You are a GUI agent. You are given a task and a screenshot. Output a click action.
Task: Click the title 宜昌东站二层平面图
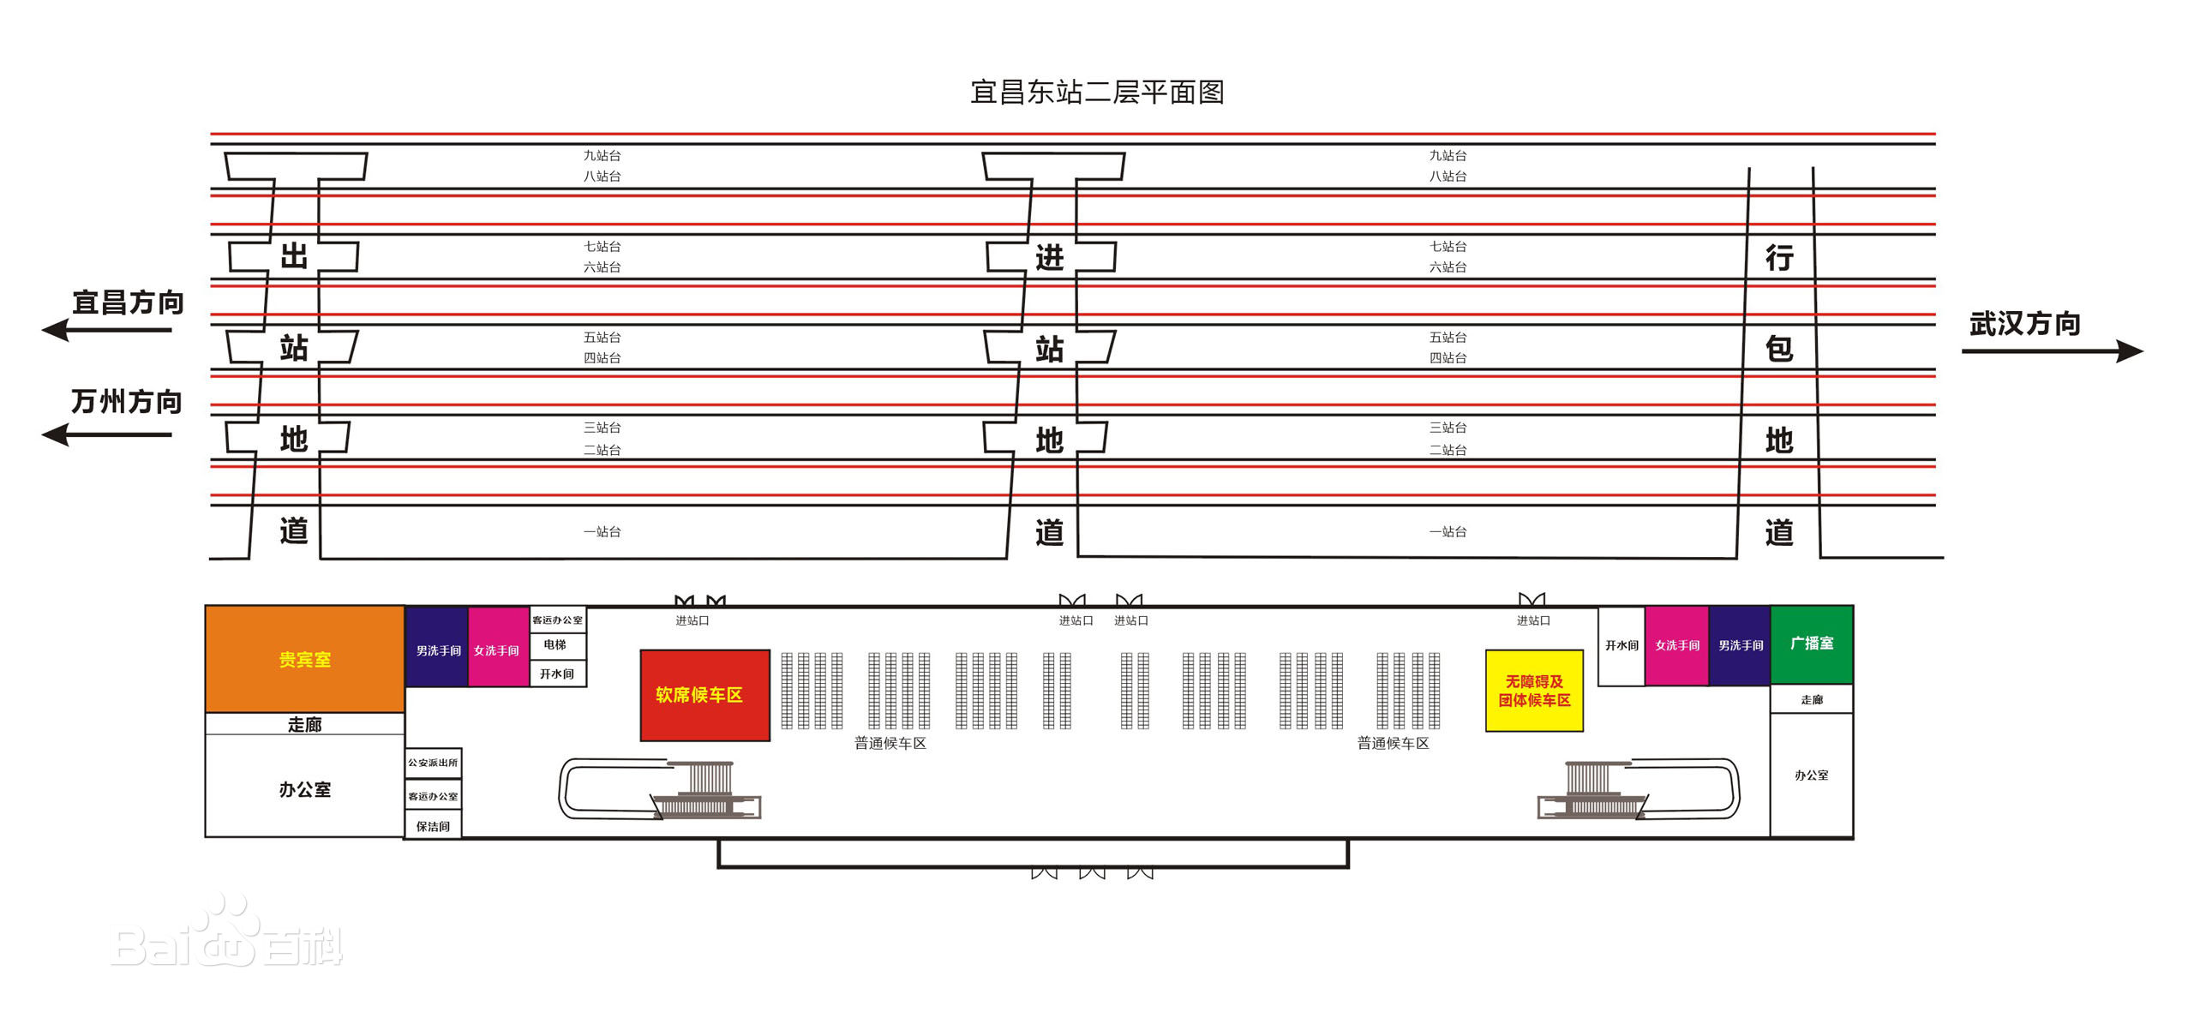click(x=1096, y=92)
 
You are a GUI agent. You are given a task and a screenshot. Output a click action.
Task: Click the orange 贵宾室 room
click(x=304, y=658)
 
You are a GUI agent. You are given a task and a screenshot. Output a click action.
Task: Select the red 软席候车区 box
click(x=704, y=695)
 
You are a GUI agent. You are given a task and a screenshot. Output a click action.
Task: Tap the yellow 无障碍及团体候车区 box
click(x=1533, y=691)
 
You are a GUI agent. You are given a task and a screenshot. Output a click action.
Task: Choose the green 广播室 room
click(x=1811, y=644)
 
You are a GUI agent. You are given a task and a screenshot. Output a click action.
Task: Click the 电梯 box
click(x=556, y=645)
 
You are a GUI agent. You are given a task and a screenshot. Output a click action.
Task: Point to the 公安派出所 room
click(x=433, y=763)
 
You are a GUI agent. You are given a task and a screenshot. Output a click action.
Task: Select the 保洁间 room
click(x=433, y=826)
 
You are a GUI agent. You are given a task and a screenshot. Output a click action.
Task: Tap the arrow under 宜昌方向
click(x=107, y=330)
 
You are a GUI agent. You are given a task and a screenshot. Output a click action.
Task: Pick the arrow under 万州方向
click(x=107, y=434)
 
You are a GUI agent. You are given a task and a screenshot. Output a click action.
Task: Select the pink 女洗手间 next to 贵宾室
click(x=497, y=650)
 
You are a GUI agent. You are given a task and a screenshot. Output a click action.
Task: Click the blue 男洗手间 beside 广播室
click(x=1740, y=645)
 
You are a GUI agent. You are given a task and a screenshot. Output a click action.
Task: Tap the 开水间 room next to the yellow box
click(x=1621, y=645)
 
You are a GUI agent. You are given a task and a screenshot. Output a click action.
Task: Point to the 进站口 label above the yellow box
click(x=1533, y=620)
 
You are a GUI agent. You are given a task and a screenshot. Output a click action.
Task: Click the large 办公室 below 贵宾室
click(x=304, y=788)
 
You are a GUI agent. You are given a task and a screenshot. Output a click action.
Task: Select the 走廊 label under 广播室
click(x=1811, y=699)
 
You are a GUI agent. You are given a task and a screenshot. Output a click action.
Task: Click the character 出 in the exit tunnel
click(x=294, y=256)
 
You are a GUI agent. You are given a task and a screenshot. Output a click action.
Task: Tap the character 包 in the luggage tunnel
click(x=1779, y=349)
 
